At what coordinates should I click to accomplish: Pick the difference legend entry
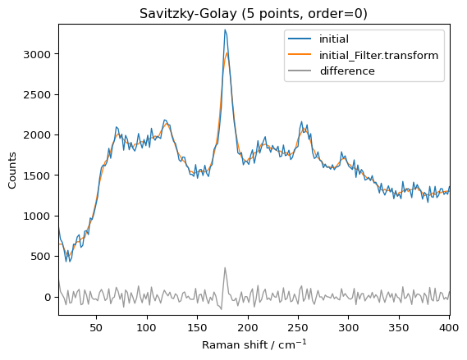(x=348, y=71)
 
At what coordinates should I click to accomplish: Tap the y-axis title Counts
(x=13, y=169)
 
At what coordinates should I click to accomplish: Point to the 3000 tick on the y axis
(x=39, y=54)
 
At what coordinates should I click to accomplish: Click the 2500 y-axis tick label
(x=39, y=94)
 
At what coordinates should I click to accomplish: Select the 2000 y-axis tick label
(x=39, y=135)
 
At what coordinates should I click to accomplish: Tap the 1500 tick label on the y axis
(x=39, y=175)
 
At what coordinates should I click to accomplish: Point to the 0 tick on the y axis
(x=48, y=297)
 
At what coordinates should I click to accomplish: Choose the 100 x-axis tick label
(x=146, y=327)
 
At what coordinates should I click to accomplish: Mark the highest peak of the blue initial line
(x=225, y=30)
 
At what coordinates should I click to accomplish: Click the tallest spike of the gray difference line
(x=225, y=267)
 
